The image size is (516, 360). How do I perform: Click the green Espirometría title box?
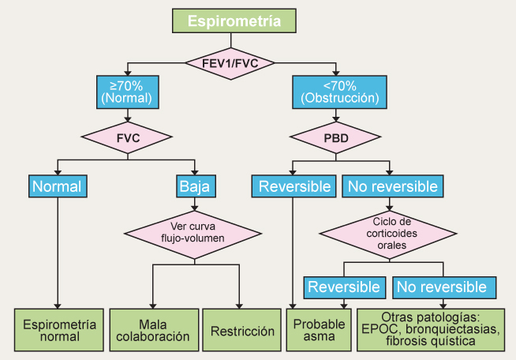point(234,21)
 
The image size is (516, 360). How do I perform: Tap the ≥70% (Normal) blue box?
point(127,92)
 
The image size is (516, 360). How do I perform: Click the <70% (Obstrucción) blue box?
point(340,92)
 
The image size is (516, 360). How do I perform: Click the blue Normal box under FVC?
point(58,186)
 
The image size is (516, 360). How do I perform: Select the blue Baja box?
point(197,186)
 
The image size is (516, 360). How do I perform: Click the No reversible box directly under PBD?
point(392,186)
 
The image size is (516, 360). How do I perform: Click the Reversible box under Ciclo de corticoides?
point(344,287)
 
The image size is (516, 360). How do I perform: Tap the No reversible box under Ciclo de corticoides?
point(444,287)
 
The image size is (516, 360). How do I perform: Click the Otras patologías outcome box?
point(431,330)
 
